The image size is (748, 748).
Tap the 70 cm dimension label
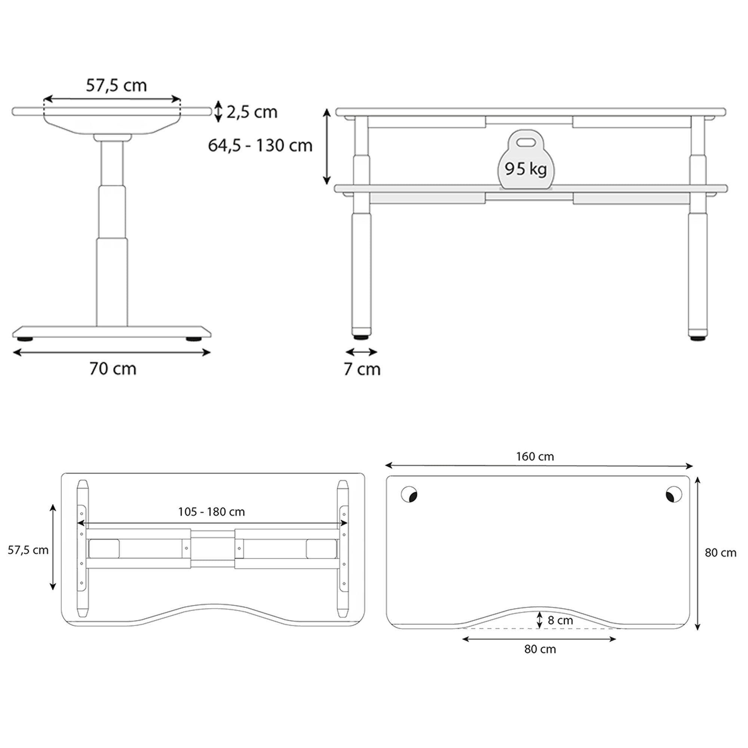pyautogui.click(x=113, y=369)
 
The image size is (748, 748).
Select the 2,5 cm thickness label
pyautogui.click(x=252, y=112)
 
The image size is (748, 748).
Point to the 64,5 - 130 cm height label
pyautogui.click(x=260, y=145)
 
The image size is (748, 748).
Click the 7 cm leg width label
pyautogui.click(x=362, y=369)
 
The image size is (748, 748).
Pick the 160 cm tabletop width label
pyautogui.click(x=535, y=456)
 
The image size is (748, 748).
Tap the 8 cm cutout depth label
pyautogui.click(x=560, y=620)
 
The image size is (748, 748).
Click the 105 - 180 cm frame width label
pyautogui.click(x=211, y=512)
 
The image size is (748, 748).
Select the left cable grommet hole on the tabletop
pyautogui.click(x=409, y=494)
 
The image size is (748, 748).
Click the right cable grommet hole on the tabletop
pyautogui.click(x=674, y=494)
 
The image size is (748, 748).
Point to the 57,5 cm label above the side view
pyautogui.click(x=116, y=85)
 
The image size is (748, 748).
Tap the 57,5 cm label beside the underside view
pyautogui.click(x=28, y=550)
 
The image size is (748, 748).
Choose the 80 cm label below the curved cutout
pyautogui.click(x=540, y=649)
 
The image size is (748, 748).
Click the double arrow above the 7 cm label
pyautogui.click(x=361, y=352)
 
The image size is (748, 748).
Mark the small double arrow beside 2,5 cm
pyautogui.click(x=218, y=111)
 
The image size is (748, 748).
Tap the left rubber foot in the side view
pyautogui.click(x=25, y=339)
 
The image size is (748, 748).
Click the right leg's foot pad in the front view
pyautogui.click(x=698, y=338)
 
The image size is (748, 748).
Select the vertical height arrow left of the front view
pyautogui.click(x=327, y=146)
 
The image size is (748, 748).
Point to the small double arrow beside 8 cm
pyautogui.click(x=539, y=620)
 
